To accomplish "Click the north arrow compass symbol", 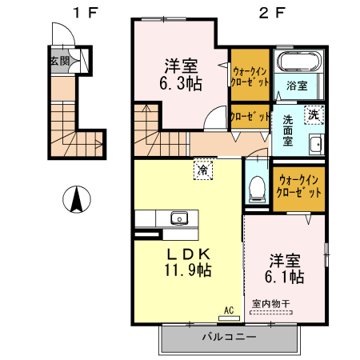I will pyautogui.click(x=75, y=199).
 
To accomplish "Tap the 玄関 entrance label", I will pyautogui.click(x=58, y=61).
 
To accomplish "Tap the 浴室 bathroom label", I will pyautogui.click(x=298, y=86).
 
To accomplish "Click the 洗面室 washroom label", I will pyautogui.click(x=288, y=130).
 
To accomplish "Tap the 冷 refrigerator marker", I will pyautogui.click(x=203, y=170).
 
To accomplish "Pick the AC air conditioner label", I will pyautogui.click(x=228, y=309).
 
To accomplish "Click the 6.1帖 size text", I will pyautogui.click(x=284, y=277).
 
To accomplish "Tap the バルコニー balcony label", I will pyautogui.click(x=229, y=338).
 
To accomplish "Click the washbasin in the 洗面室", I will pyautogui.click(x=315, y=144).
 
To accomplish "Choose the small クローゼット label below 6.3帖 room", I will pyautogui.click(x=250, y=117).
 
